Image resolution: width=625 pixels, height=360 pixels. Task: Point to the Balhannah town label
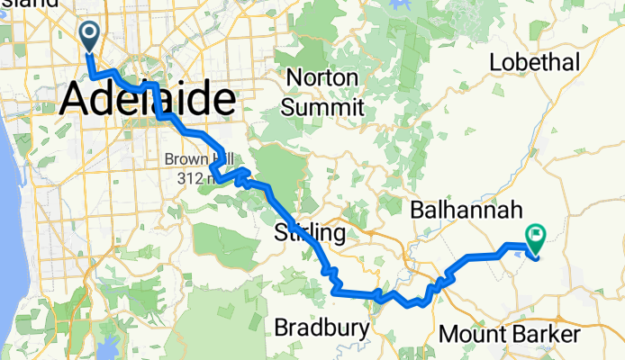click(x=466, y=211)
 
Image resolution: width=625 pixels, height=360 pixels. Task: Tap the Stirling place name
click(x=309, y=234)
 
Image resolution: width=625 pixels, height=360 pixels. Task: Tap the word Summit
click(x=322, y=107)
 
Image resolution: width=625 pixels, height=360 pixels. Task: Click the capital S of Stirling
click(x=279, y=234)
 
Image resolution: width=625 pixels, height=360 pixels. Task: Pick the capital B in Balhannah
click(x=418, y=211)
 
